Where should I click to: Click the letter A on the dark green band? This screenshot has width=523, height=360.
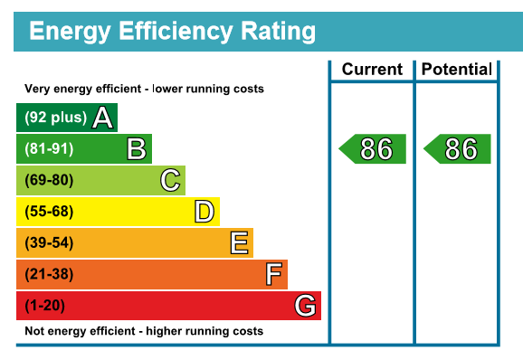coord(103,118)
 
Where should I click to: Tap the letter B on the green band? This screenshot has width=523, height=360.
coord(137,148)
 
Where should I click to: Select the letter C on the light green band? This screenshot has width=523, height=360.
coord(170,180)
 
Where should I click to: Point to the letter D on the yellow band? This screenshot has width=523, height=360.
coord(204,212)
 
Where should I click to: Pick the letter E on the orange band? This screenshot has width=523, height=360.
coord(240,242)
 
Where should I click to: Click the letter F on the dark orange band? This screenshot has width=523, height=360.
coord(274,274)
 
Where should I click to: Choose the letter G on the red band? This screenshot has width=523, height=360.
coord(305,306)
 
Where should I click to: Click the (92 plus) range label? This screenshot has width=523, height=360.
coord(56,118)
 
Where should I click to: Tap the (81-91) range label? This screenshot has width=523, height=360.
coord(49,148)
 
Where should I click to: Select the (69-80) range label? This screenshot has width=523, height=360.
coord(49,180)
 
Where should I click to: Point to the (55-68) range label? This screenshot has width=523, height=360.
coord(49,212)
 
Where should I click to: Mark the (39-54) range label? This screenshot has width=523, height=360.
coord(49,242)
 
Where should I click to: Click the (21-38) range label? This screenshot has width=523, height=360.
coord(49,274)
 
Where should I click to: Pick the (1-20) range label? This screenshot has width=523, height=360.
coord(44,306)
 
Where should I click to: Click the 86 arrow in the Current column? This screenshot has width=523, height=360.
coord(372,148)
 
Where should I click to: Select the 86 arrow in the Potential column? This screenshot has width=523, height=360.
coord(457,148)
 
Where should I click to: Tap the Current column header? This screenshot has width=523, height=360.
coord(372,70)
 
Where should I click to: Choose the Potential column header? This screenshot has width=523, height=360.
coord(457,70)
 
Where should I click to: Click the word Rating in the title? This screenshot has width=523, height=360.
coord(278,32)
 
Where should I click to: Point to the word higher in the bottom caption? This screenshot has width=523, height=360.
coord(164,331)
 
